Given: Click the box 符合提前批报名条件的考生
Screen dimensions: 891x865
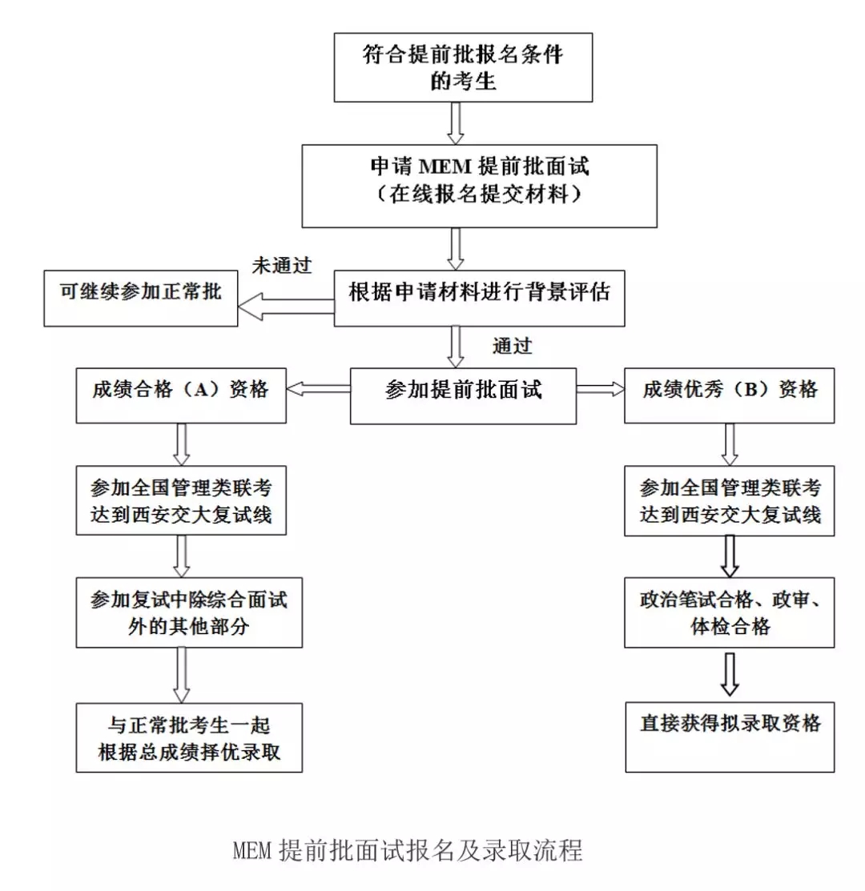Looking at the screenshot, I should tap(463, 67).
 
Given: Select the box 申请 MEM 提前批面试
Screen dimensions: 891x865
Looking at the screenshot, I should tap(479, 185).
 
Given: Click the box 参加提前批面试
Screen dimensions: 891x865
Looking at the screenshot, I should tap(463, 391).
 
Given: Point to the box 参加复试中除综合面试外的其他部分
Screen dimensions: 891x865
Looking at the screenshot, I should tap(189, 612).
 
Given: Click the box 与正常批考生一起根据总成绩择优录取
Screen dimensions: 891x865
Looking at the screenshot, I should tap(189, 737).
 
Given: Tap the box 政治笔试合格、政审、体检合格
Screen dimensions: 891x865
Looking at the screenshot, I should tap(730, 612).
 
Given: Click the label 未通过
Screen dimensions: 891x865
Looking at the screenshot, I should tap(282, 264).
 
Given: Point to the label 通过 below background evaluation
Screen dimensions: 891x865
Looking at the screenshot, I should tap(513, 346).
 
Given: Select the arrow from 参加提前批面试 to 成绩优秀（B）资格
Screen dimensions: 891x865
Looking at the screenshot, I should tap(600, 389).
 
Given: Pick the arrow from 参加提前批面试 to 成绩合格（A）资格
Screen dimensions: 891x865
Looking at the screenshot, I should tap(318, 389).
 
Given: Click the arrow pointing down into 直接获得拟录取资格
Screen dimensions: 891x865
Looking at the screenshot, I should tap(730, 673).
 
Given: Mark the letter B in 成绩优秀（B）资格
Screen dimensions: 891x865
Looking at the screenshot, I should tap(751, 390).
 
